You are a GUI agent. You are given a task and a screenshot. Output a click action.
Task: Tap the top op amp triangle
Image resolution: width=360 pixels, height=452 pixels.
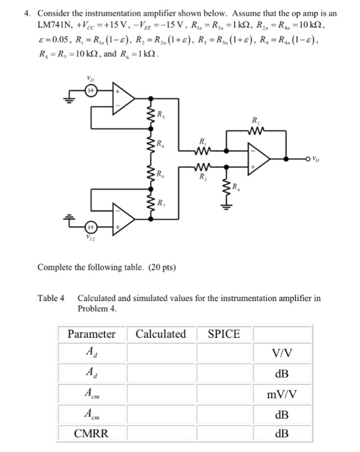tap(123, 98)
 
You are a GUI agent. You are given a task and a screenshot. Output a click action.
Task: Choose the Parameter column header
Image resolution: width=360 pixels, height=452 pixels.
tap(92, 334)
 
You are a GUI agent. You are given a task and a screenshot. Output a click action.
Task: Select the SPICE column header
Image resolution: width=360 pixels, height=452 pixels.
tap(224, 334)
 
